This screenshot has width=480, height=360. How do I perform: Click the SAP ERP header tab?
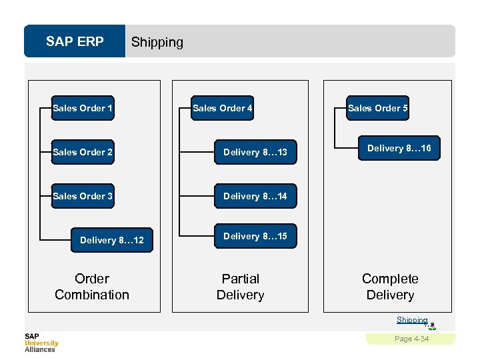coord(75,42)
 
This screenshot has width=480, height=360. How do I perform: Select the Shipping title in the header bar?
coord(157,42)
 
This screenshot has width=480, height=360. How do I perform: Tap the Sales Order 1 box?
coord(83,108)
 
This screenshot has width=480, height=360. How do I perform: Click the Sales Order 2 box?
coord(83,152)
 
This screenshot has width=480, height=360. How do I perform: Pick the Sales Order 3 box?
coord(83,196)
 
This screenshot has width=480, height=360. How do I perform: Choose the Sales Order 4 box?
coord(222,108)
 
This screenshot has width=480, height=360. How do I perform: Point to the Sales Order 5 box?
coord(378,108)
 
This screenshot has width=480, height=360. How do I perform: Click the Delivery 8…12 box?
coord(111,240)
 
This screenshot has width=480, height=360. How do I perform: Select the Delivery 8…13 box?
coord(255,152)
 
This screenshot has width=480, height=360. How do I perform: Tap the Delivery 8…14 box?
coord(255,196)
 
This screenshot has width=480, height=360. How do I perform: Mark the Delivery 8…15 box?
coord(255,236)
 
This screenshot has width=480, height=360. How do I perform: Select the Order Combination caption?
coord(92,287)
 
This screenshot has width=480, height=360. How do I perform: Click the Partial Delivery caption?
coord(240,287)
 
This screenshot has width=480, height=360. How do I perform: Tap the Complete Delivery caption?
coord(390,287)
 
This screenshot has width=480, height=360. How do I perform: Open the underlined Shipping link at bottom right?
coord(411,320)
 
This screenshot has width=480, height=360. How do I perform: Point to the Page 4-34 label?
coord(411,339)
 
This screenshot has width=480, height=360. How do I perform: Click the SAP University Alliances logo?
coord(41,343)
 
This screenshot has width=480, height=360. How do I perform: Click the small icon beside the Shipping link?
coord(432,325)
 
